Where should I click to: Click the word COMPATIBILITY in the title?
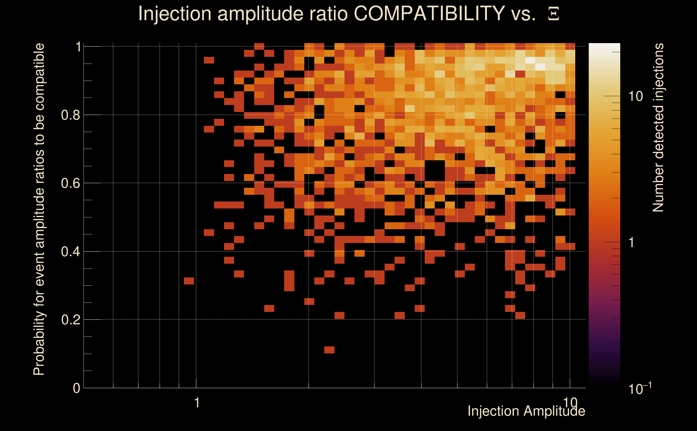pyautogui.click(x=429, y=13)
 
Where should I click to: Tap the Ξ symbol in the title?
pyautogui.click(x=553, y=14)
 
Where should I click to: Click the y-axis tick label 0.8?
pyautogui.click(x=71, y=115)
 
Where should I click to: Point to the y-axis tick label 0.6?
pyautogui.click(x=71, y=183)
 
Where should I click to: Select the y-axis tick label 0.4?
pyautogui.click(x=71, y=252)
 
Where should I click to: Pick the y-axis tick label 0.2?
pyautogui.click(x=71, y=320)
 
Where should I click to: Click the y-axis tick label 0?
pyautogui.click(x=76, y=388)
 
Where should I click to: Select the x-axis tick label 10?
pyautogui.click(x=570, y=402)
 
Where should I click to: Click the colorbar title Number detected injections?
pyautogui.click(x=658, y=127)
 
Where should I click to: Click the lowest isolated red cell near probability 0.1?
pyautogui.click(x=329, y=350)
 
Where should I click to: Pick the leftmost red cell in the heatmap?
pyautogui.click(x=189, y=281)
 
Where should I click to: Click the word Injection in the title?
pyautogui.click(x=175, y=13)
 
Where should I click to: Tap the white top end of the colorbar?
pyautogui.click(x=604, y=47)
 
